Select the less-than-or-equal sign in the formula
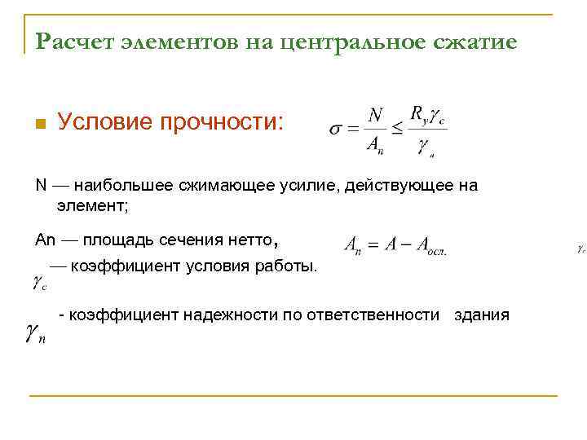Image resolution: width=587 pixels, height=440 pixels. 396,129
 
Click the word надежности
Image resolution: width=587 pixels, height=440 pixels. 231,315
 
